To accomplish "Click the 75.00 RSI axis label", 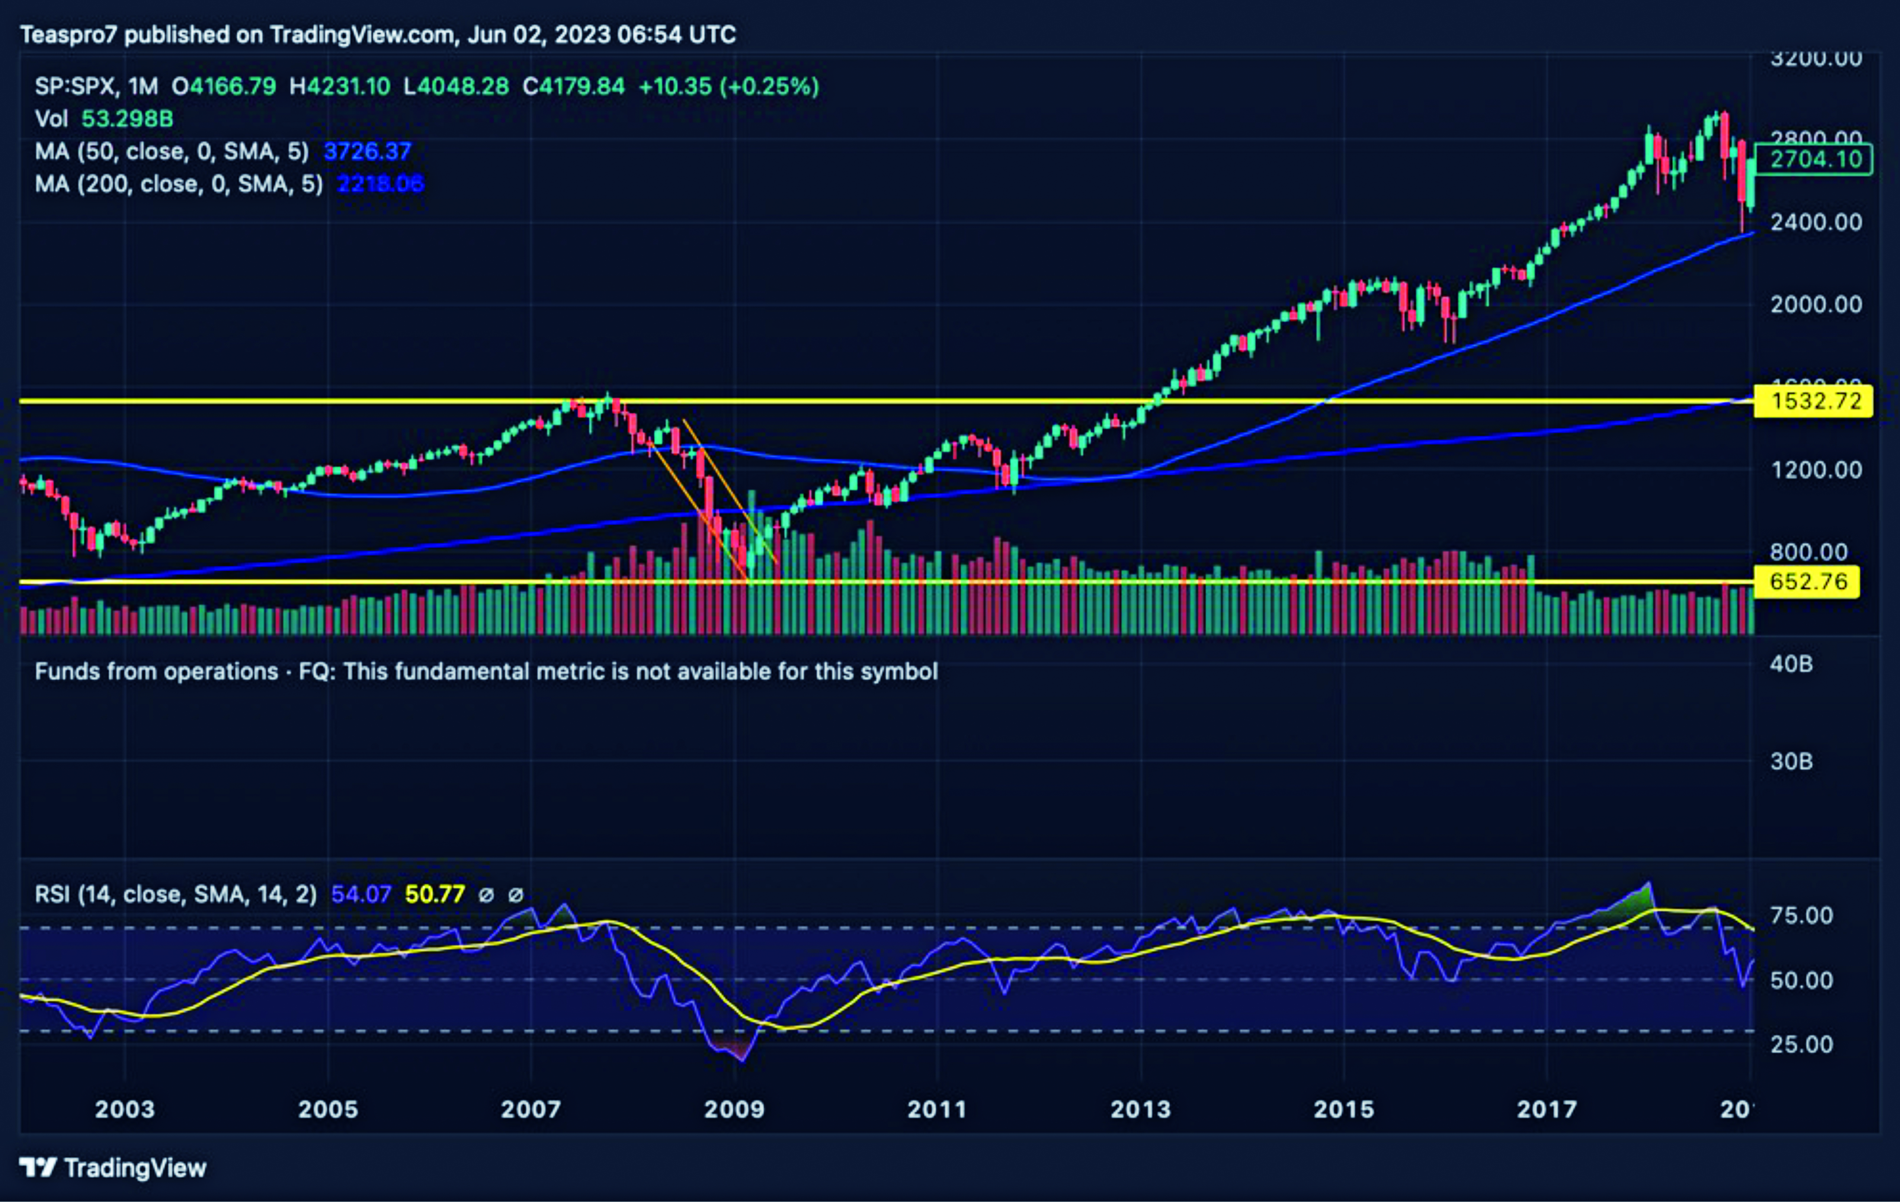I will tap(1801, 916).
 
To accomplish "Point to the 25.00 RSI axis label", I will tap(1801, 1044).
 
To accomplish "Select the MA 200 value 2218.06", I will tap(380, 184).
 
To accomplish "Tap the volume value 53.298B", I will tap(127, 119).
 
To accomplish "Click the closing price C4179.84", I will tap(574, 86).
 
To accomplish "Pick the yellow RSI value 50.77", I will tap(435, 894).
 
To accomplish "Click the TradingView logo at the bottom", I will tap(113, 1167).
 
